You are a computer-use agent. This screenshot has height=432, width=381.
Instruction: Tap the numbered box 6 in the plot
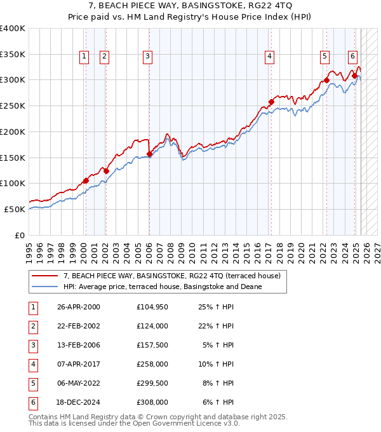[352, 55]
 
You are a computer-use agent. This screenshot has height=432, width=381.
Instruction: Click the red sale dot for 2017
[271, 102]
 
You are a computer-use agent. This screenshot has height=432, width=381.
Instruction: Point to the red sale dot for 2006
[149, 154]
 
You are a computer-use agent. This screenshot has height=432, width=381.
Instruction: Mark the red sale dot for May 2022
[326, 80]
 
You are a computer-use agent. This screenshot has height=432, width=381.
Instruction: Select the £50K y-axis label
[15, 209]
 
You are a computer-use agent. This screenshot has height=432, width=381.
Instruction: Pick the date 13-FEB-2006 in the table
[79, 345]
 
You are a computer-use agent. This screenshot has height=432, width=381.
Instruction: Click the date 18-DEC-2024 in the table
[79, 402]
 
